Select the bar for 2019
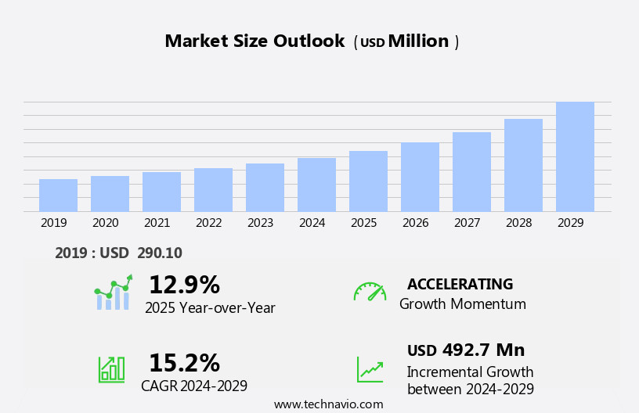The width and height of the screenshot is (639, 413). pyautogui.click(x=58, y=196)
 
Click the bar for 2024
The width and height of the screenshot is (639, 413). pyautogui.click(x=316, y=185)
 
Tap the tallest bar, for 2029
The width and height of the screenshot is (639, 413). pyautogui.click(x=575, y=156)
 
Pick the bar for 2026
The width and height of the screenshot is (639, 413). pyautogui.click(x=420, y=177)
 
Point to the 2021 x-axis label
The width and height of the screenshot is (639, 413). pyautogui.click(x=157, y=223)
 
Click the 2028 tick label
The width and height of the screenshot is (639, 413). pyautogui.click(x=518, y=223)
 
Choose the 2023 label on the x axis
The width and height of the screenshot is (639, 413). pyautogui.click(x=260, y=223)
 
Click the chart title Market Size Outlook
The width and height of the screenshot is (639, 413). pyautogui.click(x=255, y=41)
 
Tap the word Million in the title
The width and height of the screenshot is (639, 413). pyautogui.click(x=418, y=41)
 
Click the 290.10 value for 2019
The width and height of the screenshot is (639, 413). pyautogui.click(x=159, y=253)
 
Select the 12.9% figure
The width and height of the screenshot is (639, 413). pyautogui.click(x=184, y=285)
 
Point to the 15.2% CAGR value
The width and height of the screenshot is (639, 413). pyautogui.click(x=184, y=363)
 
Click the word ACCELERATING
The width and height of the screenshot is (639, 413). pyautogui.click(x=460, y=284)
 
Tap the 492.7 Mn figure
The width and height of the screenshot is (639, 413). pyautogui.click(x=483, y=350)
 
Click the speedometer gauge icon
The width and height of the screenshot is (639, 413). pyautogui.click(x=370, y=292)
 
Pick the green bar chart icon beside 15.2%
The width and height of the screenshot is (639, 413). pyautogui.click(x=111, y=368)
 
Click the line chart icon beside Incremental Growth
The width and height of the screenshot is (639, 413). pyautogui.click(x=370, y=369)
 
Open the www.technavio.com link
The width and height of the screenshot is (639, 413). pyautogui.click(x=328, y=404)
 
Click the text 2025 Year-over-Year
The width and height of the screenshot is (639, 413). pyautogui.click(x=210, y=308)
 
